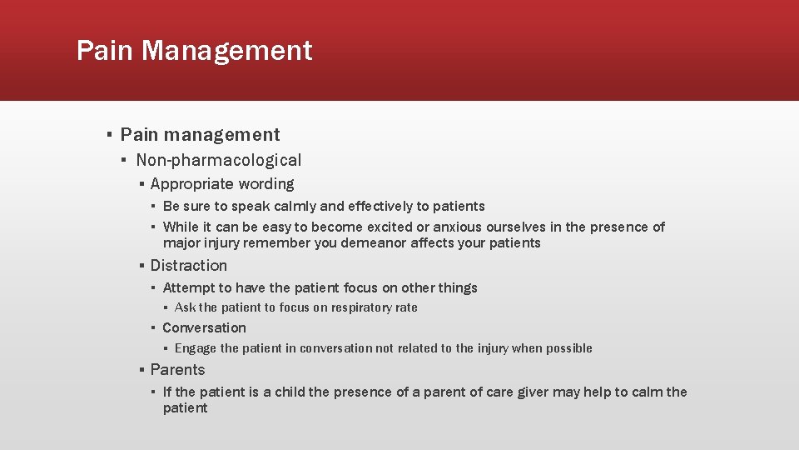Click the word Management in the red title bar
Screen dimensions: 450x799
coord(226,51)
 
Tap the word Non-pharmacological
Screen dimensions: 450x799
coord(218,160)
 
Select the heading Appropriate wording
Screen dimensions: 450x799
coord(221,184)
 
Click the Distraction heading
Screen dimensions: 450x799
coord(188,266)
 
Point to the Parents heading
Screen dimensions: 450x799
coord(177,370)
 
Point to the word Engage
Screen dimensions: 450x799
coord(196,348)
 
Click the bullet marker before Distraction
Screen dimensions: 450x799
coord(141,266)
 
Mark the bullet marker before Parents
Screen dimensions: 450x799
coord(141,370)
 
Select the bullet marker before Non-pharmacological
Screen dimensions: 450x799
coord(122,160)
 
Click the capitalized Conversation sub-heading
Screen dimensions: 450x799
coord(204,328)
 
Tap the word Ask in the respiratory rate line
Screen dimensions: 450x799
coord(185,307)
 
